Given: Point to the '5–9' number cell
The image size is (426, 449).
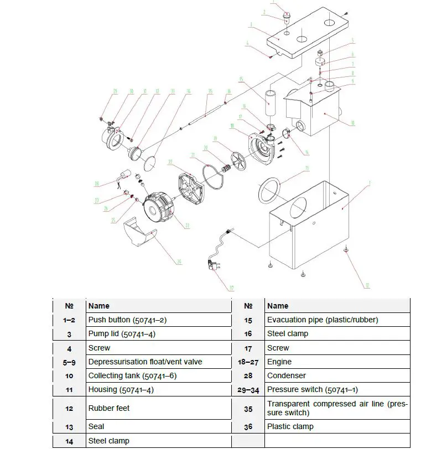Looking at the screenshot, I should click(69, 362).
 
